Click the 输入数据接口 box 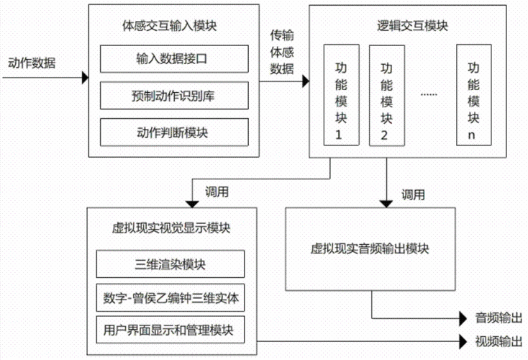click(x=172, y=58)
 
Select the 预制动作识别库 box click(x=172, y=95)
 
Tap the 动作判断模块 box click(x=172, y=132)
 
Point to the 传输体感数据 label click(x=282, y=52)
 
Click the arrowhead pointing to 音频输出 click(x=464, y=318)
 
